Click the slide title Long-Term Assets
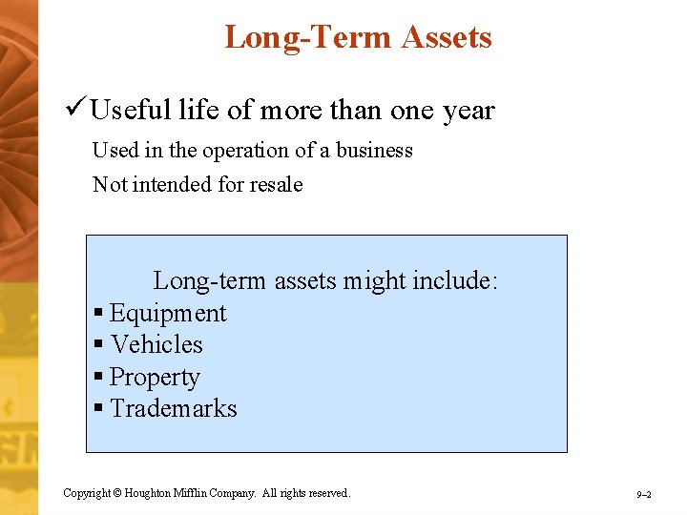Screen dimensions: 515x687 click(x=358, y=37)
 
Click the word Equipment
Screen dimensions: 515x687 click(x=168, y=314)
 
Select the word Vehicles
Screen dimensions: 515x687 click(x=156, y=344)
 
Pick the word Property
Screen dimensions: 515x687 click(x=155, y=378)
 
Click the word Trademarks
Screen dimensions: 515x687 click(x=174, y=408)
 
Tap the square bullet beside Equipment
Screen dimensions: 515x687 click(x=98, y=315)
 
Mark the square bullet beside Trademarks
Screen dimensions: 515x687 click(x=98, y=409)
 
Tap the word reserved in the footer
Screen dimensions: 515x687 click(x=328, y=493)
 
